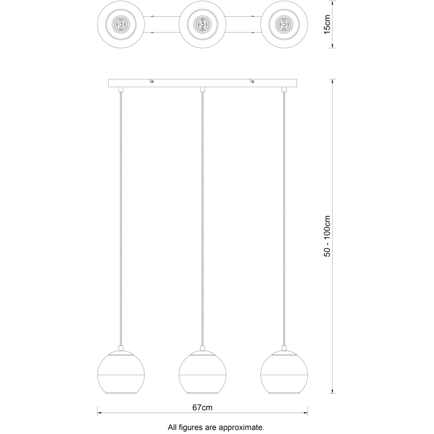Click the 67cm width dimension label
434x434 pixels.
click(x=202, y=408)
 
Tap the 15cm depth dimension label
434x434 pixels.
click(x=327, y=24)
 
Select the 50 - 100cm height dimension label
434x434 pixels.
click(x=327, y=236)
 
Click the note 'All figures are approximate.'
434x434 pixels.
click(x=216, y=427)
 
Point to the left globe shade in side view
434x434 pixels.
click(x=121, y=372)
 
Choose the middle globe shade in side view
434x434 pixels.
click(x=202, y=372)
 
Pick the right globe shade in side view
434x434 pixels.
click(x=284, y=372)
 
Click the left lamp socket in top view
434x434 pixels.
click(x=121, y=24)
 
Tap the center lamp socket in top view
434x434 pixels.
click(x=202, y=24)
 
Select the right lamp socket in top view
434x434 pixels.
click(x=284, y=24)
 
